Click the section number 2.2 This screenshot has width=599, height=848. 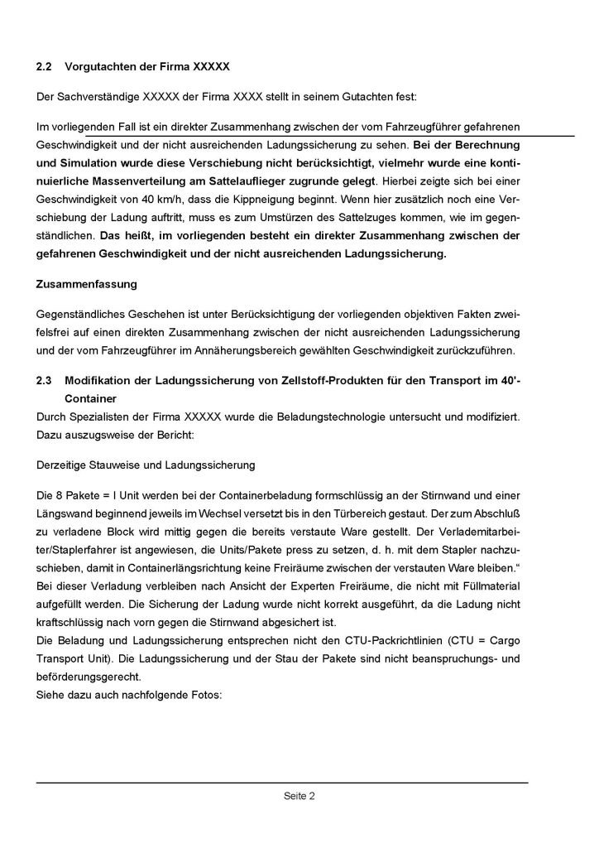click(x=45, y=65)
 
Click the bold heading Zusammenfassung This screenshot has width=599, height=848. click(x=87, y=283)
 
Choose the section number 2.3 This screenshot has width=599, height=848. click(x=45, y=380)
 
